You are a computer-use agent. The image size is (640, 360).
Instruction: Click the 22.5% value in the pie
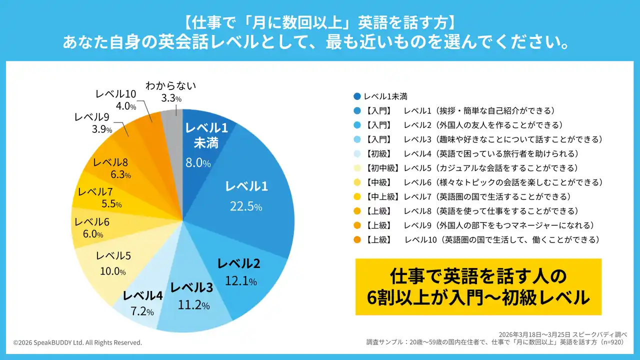point(245,206)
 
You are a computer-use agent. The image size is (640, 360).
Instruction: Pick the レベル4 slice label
point(142,296)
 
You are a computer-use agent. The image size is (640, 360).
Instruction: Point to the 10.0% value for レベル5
point(113,271)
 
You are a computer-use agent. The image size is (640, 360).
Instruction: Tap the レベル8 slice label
point(110,162)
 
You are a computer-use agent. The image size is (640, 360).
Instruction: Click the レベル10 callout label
point(115,93)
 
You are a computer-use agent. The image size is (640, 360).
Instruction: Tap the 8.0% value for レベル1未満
point(198,163)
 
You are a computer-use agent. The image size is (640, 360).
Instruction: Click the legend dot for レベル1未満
point(356,96)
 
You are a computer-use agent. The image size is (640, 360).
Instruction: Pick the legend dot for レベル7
point(356,197)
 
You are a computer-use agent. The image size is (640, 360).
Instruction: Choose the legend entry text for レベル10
point(482,240)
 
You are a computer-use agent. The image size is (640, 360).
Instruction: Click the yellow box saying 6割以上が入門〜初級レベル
point(478,286)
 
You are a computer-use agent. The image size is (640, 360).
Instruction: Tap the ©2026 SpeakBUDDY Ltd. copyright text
point(77,342)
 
